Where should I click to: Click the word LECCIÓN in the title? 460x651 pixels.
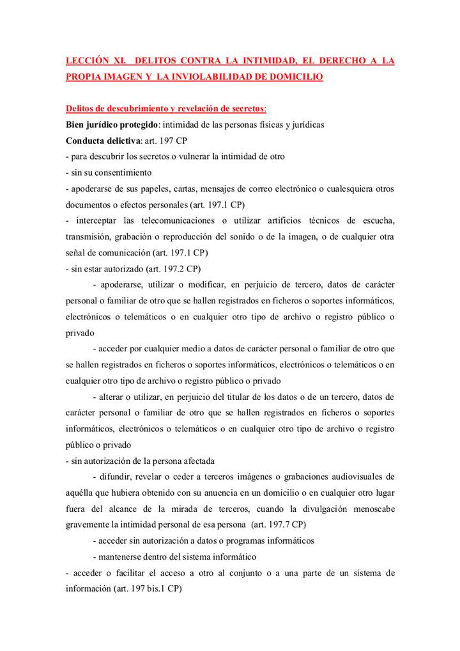tap(88, 61)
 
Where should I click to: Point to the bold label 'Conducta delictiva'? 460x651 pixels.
tap(101, 140)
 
